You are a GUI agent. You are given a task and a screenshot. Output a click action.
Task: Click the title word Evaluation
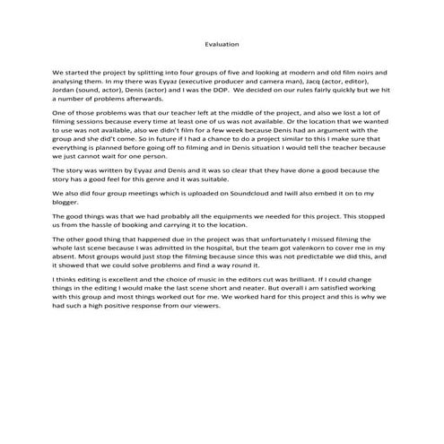[222, 44]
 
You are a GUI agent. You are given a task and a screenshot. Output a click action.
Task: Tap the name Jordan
[65, 89]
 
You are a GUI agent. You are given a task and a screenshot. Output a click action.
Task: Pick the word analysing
[71, 80]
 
